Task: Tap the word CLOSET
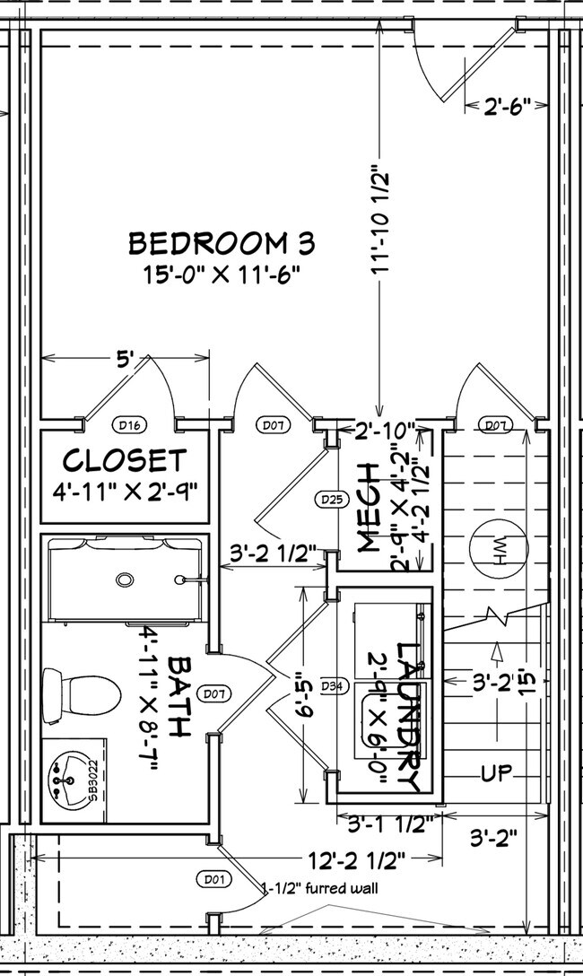pyautogui.click(x=125, y=461)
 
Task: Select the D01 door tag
pyautogui.click(x=212, y=879)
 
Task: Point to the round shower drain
pyautogui.click(x=125, y=579)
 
